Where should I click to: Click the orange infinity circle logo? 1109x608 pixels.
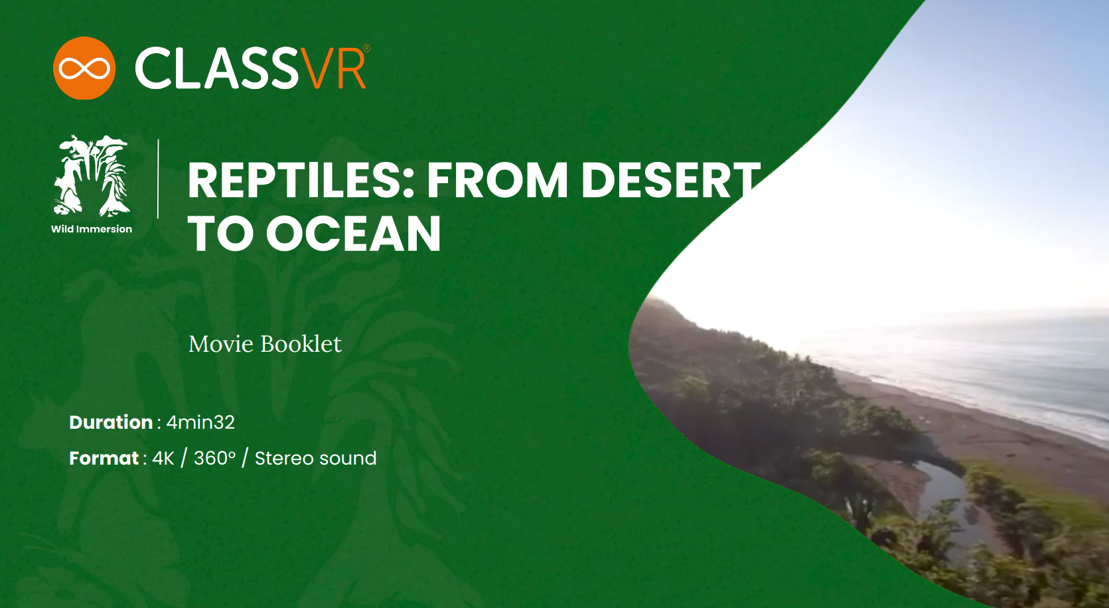(84, 68)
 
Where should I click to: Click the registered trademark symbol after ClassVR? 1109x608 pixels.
(367, 48)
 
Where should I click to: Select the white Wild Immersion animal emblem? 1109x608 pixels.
(92, 175)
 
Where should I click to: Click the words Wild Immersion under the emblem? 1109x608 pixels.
(92, 229)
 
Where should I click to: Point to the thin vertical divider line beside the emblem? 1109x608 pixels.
(158, 179)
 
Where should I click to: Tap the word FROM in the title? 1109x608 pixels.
(497, 181)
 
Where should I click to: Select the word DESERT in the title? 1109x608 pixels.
(670, 181)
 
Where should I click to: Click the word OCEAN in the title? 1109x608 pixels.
(354, 234)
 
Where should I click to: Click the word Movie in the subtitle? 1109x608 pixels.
(221, 344)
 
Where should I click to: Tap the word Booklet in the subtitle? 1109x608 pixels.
(301, 344)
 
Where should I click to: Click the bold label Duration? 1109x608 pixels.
(111, 422)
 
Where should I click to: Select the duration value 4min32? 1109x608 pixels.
(200, 422)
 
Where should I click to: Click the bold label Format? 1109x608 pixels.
(104, 459)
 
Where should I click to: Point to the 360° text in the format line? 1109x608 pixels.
(214, 459)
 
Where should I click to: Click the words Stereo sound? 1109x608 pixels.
(316, 459)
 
